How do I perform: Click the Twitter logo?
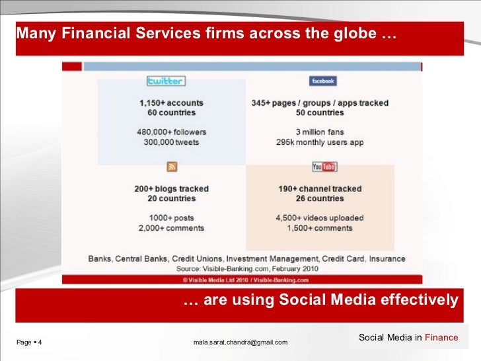pos(166,81)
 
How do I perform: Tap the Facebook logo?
pos(322,81)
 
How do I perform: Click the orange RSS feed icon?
pos(170,167)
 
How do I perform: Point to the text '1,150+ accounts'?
pos(171,103)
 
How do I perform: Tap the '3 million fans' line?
pos(320,132)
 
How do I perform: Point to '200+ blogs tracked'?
pos(171,188)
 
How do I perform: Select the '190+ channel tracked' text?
pos(320,188)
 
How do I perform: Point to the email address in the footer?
pos(240,342)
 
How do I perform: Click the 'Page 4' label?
pos(29,342)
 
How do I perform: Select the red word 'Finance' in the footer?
pos(441,337)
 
